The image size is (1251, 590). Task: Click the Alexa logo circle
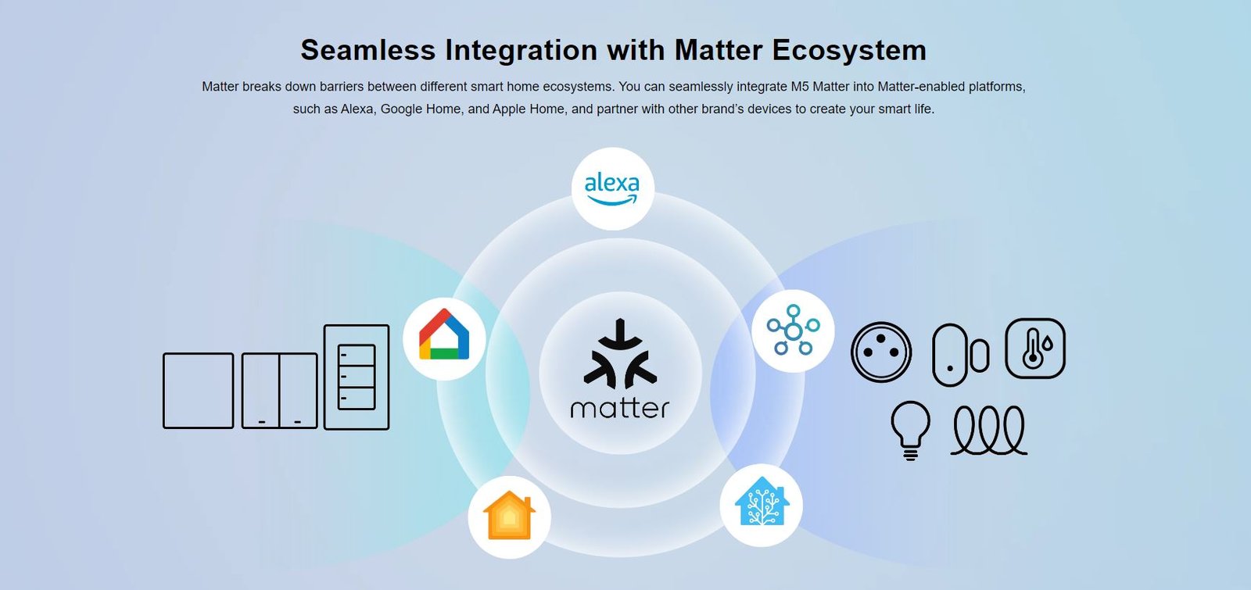click(613, 188)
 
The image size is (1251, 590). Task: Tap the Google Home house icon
click(444, 334)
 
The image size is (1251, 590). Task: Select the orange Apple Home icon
click(509, 515)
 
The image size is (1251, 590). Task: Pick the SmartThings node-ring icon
click(793, 330)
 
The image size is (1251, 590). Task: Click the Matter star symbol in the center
click(620, 354)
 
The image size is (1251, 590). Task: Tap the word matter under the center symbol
click(619, 409)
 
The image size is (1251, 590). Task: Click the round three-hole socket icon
click(881, 352)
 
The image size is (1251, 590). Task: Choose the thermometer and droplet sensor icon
click(1035, 349)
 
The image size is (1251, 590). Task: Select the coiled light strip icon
click(988, 431)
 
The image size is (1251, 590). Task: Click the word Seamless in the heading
click(368, 50)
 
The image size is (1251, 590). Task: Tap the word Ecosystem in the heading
click(849, 51)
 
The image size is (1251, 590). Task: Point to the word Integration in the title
click(521, 51)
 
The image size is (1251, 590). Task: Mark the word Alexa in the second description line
click(357, 109)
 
